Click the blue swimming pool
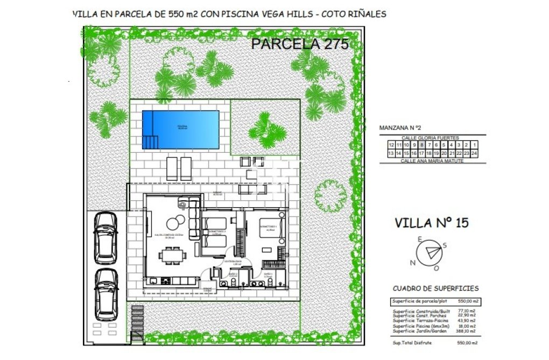point(180,129)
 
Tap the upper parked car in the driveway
point(105,237)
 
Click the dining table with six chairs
point(172,254)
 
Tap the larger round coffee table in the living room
point(174,222)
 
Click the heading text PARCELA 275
point(300,44)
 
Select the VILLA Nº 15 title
point(431,222)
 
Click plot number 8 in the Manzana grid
point(421,145)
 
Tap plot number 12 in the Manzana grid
point(391,145)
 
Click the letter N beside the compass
point(413,263)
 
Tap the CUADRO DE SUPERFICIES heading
point(435,288)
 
